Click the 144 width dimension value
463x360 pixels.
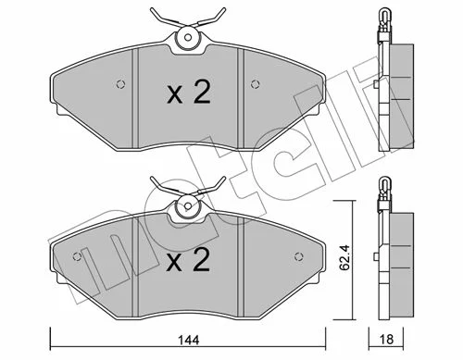(x=189, y=341)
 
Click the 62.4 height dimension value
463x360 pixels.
(x=344, y=257)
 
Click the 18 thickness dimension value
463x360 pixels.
(x=386, y=340)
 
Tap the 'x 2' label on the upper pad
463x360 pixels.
(x=189, y=92)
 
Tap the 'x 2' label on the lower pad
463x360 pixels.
(x=188, y=260)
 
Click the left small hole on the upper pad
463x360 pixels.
(x=120, y=84)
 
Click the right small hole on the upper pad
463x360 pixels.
(x=255, y=84)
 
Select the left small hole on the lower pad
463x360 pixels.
(x=77, y=256)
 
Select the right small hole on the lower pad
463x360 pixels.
(x=298, y=256)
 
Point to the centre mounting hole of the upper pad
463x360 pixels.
(x=188, y=37)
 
